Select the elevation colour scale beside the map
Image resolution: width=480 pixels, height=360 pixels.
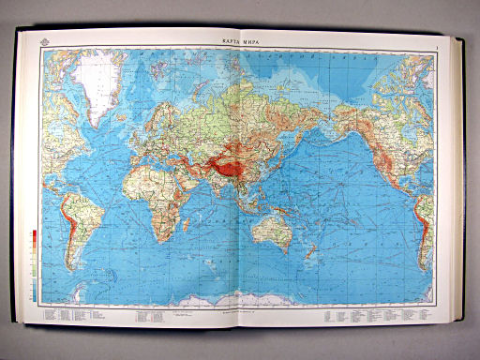click(x=34, y=263)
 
